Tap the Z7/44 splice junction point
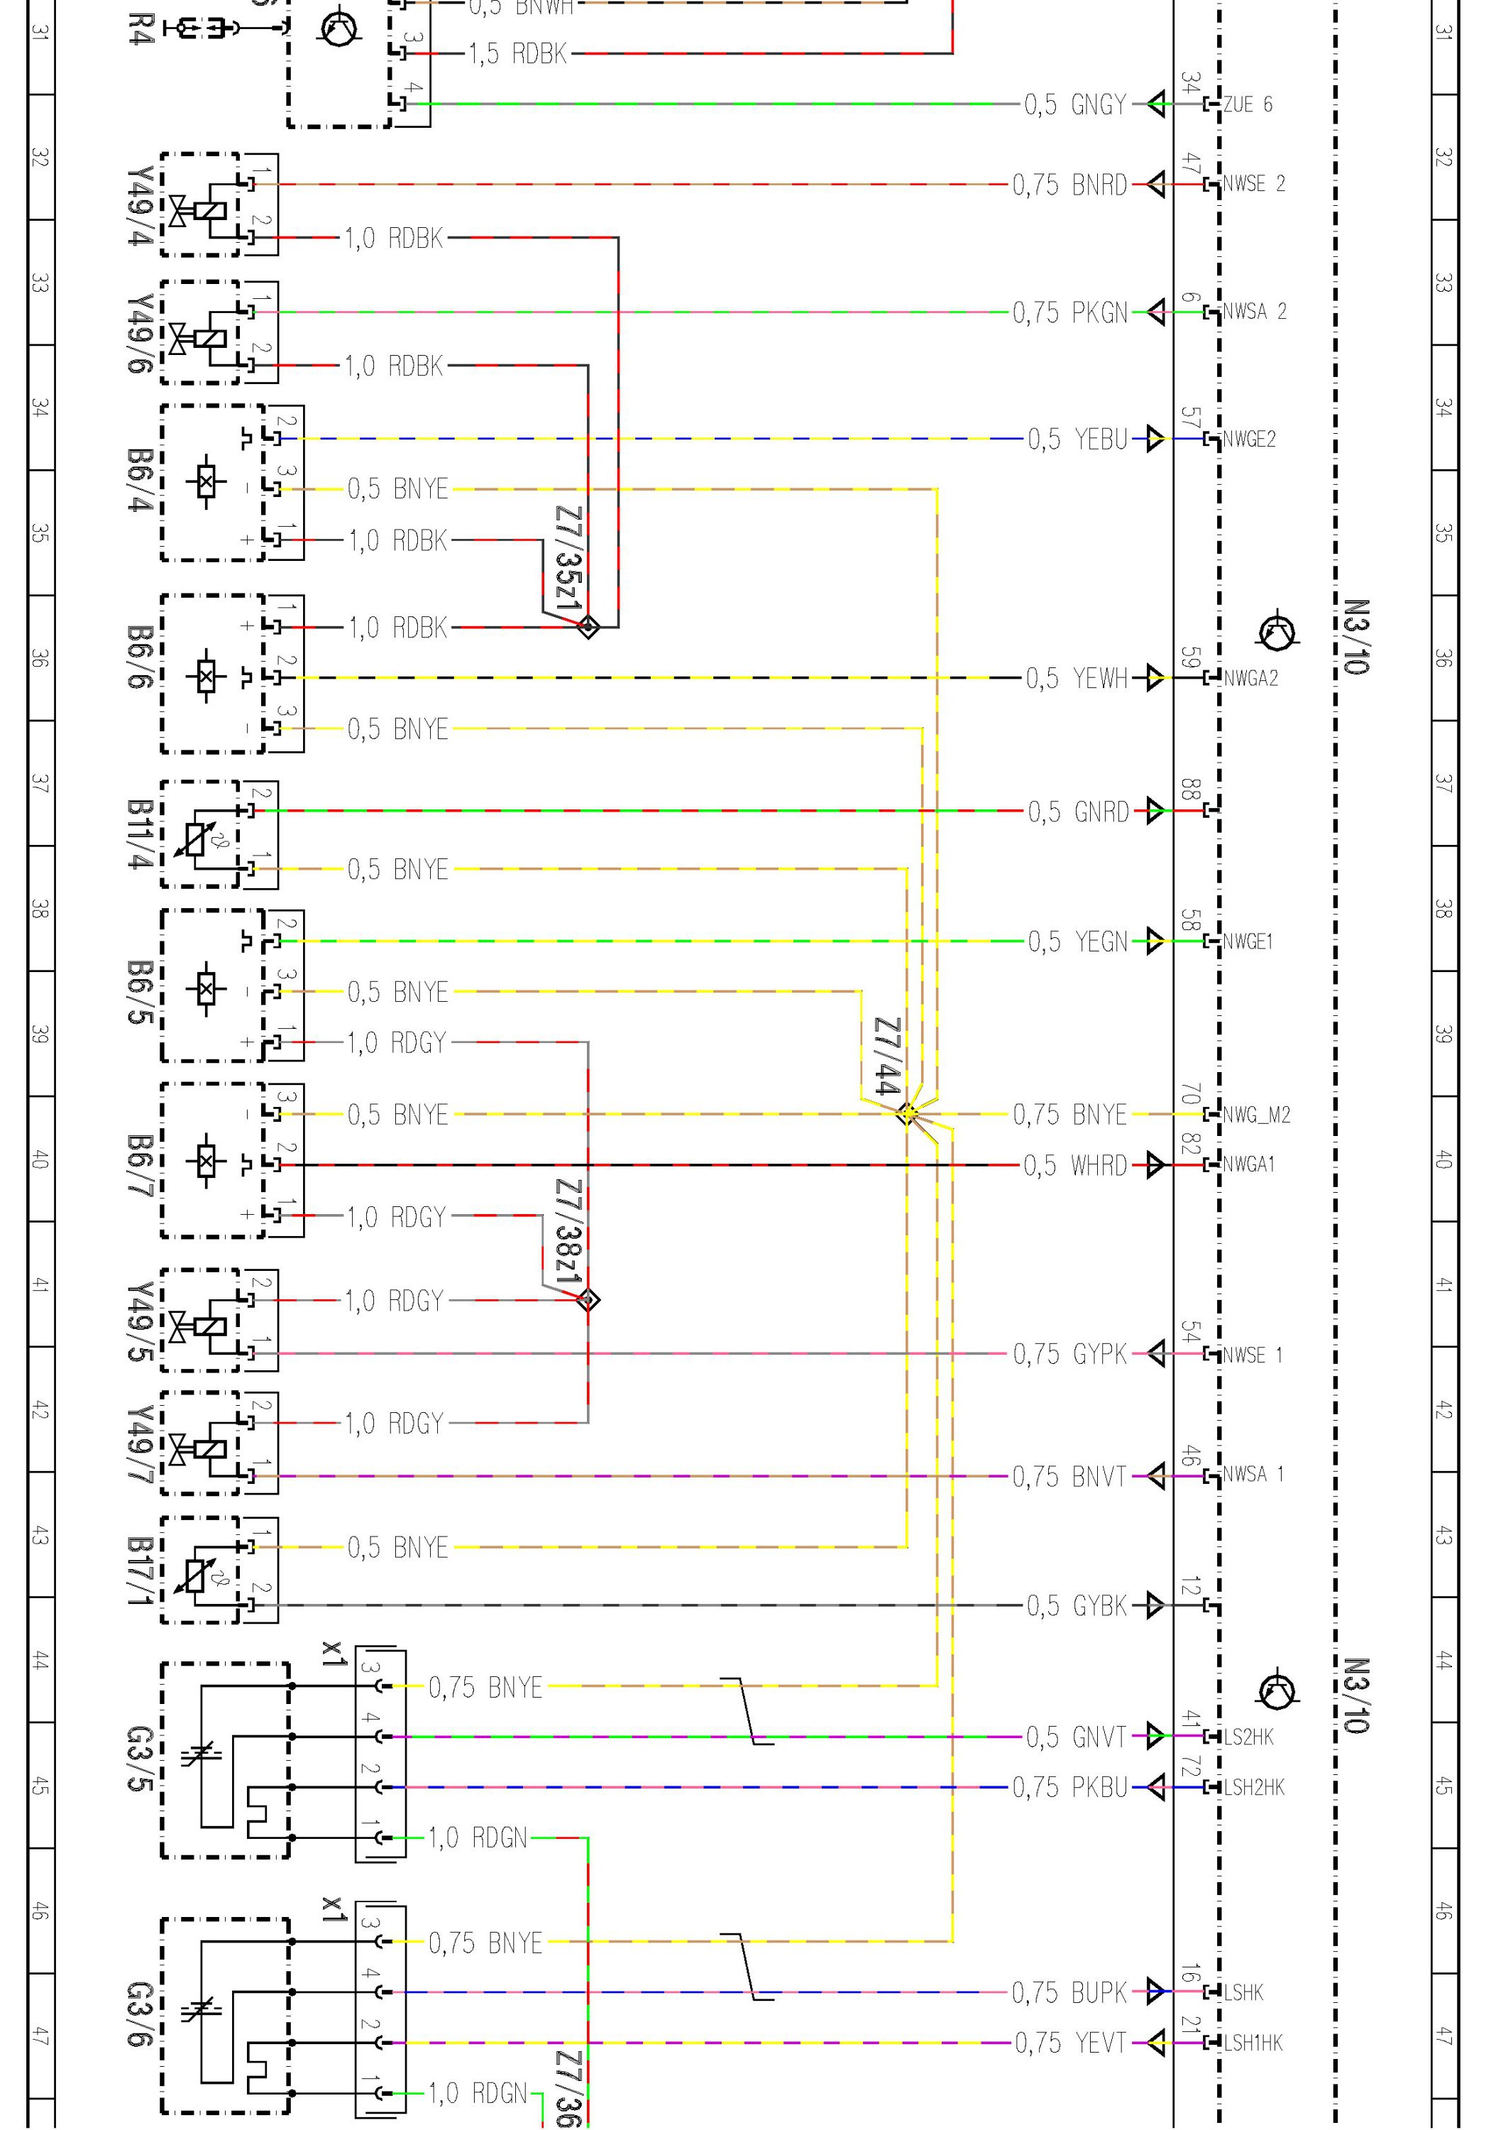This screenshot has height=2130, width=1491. point(908,1113)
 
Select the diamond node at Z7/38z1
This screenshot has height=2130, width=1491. point(588,1300)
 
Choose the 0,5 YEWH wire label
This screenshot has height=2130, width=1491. point(1076,678)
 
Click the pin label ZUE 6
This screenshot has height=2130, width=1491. point(1247,104)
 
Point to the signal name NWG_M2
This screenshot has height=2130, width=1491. point(1256,1114)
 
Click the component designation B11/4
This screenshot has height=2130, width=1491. point(139,834)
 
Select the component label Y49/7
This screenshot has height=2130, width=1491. point(139,1443)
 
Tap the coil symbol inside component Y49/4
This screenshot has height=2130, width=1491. point(209,209)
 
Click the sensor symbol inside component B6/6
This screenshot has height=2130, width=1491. point(206,677)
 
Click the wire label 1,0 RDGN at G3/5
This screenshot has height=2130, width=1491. point(477,1837)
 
